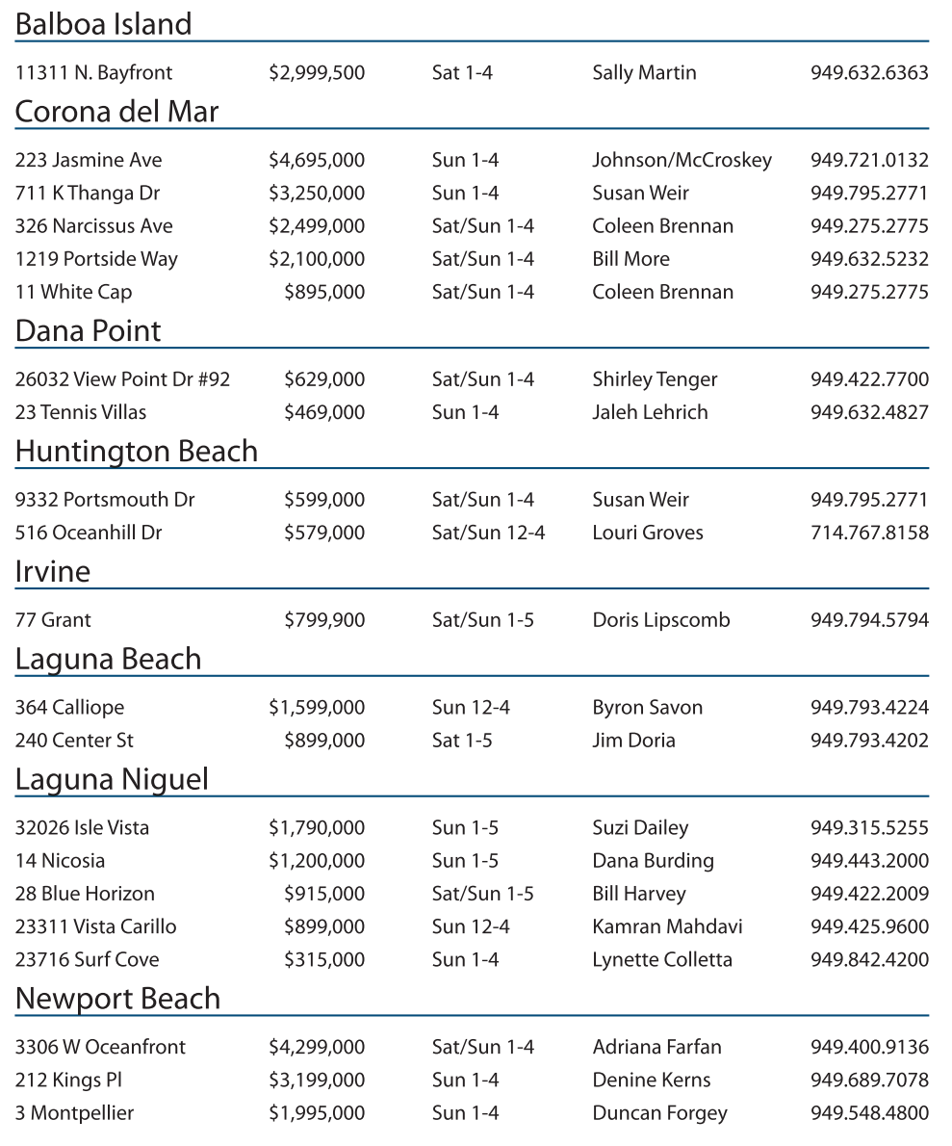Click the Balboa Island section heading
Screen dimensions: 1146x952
pyautogui.click(x=103, y=24)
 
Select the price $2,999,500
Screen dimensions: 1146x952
pyautogui.click(x=317, y=72)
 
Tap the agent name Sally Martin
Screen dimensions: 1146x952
pyautogui.click(x=644, y=72)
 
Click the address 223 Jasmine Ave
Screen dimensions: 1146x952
pyautogui.click(x=89, y=160)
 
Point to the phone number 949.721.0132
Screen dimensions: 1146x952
pyautogui.click(x=869, y=160)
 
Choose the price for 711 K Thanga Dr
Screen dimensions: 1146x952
pyautogui.click(x=317, y=193)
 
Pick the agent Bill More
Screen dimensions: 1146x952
pyautogui.click(x=630, y=259)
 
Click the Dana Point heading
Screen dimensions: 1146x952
pyautogui.click(x=88, y=331)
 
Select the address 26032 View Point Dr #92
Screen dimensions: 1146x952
pyautogui.click(x=122, y=379)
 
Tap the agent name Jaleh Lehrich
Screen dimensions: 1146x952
pyautogui.click(x=650, y=412)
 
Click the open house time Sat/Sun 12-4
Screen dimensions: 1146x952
pyautogui.click(x=488, y=533)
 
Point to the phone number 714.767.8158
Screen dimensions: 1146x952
pyautogui.click(x=869, y=533)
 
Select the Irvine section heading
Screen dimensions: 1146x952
pyautogui.click(x=52, y=572)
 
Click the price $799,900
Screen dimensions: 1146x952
pyautogui.click(x=324, y=620)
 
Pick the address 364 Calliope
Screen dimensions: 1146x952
pyautogui.click(x=69, y=708)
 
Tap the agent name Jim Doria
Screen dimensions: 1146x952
pyautogui.click(x=633, y=741)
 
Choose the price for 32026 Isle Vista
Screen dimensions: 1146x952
pyautogui.click(x=317, y=828)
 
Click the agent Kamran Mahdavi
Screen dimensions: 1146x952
pyautogui.click(x=667, y=926)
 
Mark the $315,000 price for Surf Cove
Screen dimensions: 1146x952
pyautogui.click(x=324, y=959)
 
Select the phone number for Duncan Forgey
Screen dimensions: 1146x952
pyautogui.click(x=869, y=1113)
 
